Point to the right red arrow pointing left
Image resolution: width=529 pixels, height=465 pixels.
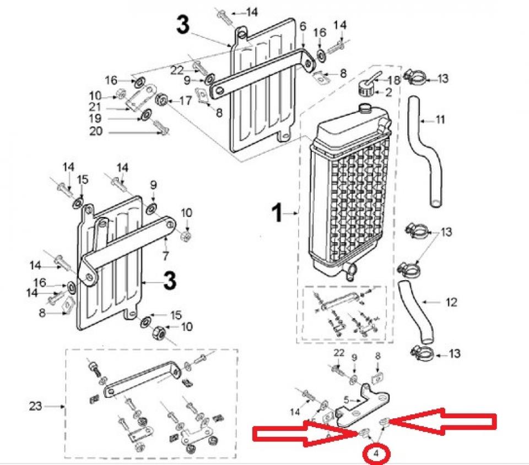[444, 422]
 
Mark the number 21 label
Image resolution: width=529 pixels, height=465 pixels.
[96, 107]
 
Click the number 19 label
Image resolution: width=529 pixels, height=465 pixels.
[96, 118]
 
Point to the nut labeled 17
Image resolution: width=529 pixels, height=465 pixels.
[163, 101]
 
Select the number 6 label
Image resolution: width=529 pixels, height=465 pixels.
[303, 26]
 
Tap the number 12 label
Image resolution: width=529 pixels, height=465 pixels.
[451, 302]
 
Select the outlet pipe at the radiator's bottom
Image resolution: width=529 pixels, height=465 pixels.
[349, 270]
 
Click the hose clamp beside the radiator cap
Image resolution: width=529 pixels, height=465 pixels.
[415, 77]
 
